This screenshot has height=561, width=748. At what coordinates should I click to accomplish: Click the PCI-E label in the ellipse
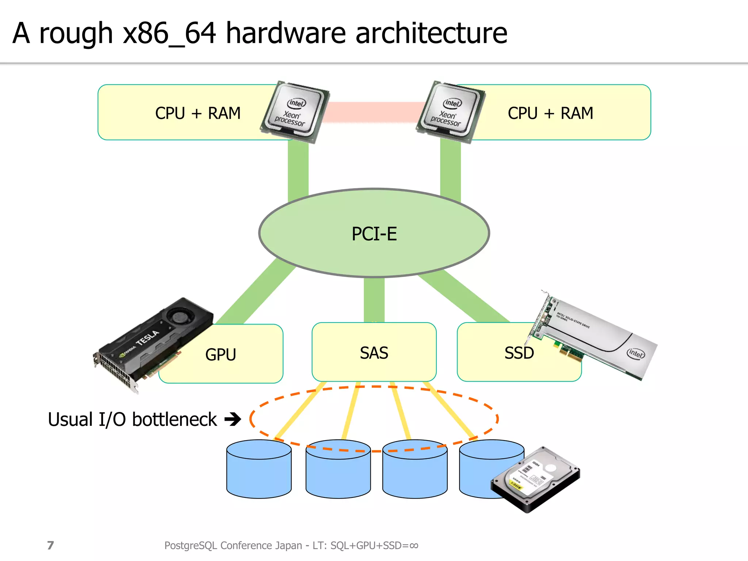point(374,234)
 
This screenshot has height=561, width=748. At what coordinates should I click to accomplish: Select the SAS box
point(374,352)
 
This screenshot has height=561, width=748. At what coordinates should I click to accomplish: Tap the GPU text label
point(221,354)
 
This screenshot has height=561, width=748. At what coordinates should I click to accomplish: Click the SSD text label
point(519,353)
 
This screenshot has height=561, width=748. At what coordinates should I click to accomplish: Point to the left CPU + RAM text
point(198,113)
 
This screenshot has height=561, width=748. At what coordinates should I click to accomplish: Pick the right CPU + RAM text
point(550,113)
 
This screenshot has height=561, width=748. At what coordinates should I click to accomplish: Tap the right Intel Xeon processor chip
point(450,111)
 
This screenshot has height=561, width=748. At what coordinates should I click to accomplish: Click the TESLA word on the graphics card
point(148,338)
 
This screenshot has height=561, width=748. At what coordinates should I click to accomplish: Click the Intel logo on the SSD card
point(636,353)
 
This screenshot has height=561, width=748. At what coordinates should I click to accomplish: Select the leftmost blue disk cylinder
point(259,471)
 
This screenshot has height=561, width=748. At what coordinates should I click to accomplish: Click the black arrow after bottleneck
point(233,419)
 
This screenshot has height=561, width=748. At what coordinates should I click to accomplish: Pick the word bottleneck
point(175,419)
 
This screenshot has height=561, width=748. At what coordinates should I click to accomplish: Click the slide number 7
point(50,545)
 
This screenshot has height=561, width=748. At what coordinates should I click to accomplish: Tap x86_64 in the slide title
point(169,34)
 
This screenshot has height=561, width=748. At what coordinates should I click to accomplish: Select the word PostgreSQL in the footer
point(191,545)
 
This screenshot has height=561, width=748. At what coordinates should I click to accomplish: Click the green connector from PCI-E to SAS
point(374,299)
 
